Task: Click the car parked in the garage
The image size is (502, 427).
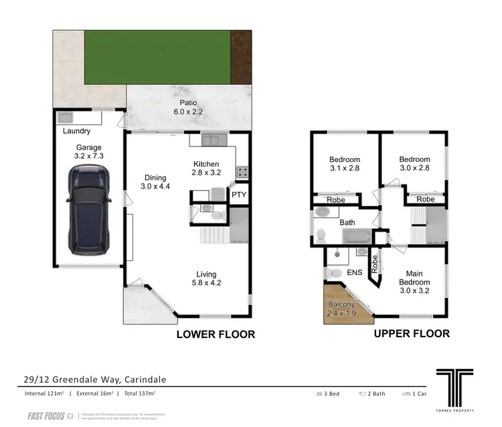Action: (89, 210)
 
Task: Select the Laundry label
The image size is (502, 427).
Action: (76, 132)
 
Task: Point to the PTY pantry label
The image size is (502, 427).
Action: (239, 195)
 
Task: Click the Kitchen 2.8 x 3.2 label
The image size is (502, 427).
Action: (207, 169)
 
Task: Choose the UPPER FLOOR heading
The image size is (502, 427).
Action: (411, 333)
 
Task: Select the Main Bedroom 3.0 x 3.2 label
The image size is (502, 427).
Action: (415, 278)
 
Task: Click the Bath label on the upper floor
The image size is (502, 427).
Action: (347, 222)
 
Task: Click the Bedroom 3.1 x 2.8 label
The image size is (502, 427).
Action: (345, 164)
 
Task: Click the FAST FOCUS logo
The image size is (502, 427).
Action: (46, 416)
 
